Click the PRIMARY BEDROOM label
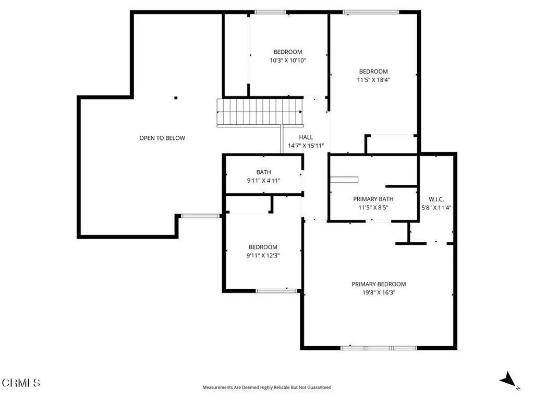378,284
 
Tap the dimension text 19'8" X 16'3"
378,293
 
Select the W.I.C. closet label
436,198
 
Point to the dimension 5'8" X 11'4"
436,207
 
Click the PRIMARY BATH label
373,199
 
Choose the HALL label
306,137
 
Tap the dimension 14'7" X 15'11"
306,146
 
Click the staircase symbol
260,112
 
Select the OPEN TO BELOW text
162,138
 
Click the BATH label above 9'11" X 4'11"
263,172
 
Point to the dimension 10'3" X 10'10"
287,61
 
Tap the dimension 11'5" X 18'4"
373,80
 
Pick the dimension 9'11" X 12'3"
263,255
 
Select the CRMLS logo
21,383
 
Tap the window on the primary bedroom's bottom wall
378,348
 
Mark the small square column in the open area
176,98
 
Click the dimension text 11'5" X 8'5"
373,207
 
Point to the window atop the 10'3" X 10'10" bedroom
270,12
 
